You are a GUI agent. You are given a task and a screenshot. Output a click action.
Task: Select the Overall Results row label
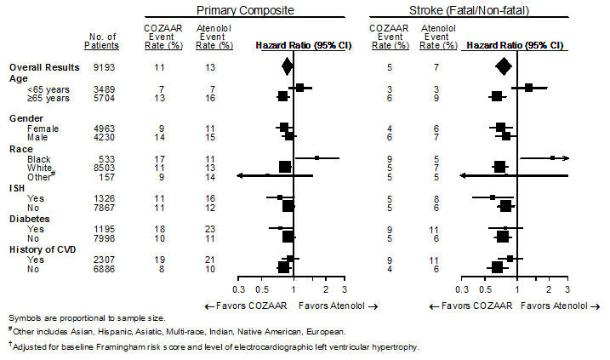click(x=44, y=66)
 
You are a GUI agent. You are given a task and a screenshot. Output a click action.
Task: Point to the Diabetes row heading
click(x=30, y=218)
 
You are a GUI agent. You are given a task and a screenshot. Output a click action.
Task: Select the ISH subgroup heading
click(x=17, y=187)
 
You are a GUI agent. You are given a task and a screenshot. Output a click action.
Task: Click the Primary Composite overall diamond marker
click(x=287, y=66)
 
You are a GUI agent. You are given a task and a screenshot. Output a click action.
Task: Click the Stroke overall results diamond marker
click(x=503, y=66)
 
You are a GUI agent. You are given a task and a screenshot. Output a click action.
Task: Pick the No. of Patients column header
click(x=101, y=40)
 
